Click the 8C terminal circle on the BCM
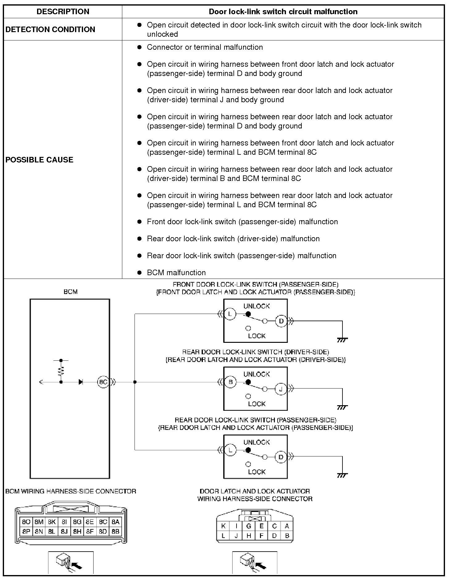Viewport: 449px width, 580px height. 103,382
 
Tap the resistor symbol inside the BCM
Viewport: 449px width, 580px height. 61,371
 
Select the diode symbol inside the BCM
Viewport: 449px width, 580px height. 81,382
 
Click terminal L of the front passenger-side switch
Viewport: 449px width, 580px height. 230,314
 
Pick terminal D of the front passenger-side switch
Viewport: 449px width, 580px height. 281,321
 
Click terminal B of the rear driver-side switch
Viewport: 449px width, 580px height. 230,382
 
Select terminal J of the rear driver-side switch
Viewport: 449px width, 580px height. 281,389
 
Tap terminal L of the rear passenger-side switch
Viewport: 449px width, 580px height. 230,450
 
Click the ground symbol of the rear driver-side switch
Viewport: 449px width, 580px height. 342,407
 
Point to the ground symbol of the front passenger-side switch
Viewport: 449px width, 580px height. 342,340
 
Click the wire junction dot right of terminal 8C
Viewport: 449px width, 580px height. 135,382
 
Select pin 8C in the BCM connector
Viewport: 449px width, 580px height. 103,522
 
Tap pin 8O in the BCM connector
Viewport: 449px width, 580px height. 26,522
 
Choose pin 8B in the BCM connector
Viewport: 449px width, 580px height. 115,532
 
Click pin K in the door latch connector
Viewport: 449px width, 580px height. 223,526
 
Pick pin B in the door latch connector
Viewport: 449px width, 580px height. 287,536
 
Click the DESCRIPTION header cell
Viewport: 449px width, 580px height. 63,12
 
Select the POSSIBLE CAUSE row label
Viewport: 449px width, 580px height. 40,160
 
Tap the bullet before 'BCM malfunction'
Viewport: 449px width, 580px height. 140,273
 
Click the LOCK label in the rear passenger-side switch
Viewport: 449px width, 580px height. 257,472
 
